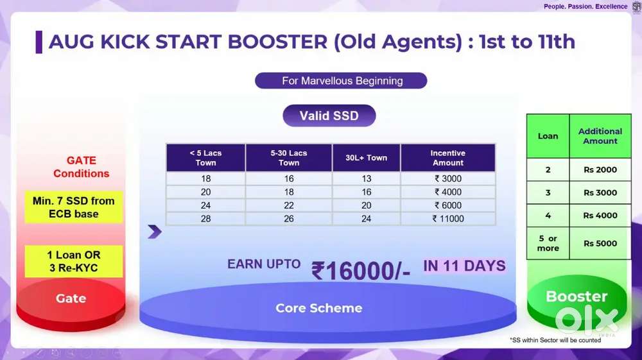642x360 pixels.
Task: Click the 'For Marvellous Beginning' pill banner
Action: [341, 81]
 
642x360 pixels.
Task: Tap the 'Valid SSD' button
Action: [329, 116]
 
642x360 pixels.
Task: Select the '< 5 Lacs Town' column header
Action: [205, 157]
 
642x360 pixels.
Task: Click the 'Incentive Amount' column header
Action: [448, 157]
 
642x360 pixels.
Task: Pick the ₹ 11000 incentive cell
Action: [448, 219]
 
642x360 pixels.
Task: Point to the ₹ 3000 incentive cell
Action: [448, 178]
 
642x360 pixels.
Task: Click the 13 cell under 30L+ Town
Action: [367, 178]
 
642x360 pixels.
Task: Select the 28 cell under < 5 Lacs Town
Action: [205, 219]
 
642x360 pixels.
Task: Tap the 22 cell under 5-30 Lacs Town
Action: [289, 205]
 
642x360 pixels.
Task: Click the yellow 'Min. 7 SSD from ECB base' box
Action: [74, 207]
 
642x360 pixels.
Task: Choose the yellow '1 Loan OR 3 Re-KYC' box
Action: [74, 261]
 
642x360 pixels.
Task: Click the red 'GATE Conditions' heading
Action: [81, 167]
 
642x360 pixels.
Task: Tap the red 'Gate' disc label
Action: [71, 298]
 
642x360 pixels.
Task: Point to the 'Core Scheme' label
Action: [319, 307]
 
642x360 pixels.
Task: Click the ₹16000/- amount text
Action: [361, 270]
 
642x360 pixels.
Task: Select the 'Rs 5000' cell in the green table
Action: [600, 243]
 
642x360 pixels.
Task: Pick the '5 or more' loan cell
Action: [548, 243]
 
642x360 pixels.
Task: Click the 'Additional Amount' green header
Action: [600, 136]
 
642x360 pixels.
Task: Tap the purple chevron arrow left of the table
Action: [154, 232]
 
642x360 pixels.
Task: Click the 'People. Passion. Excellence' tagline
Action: [586, 6]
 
